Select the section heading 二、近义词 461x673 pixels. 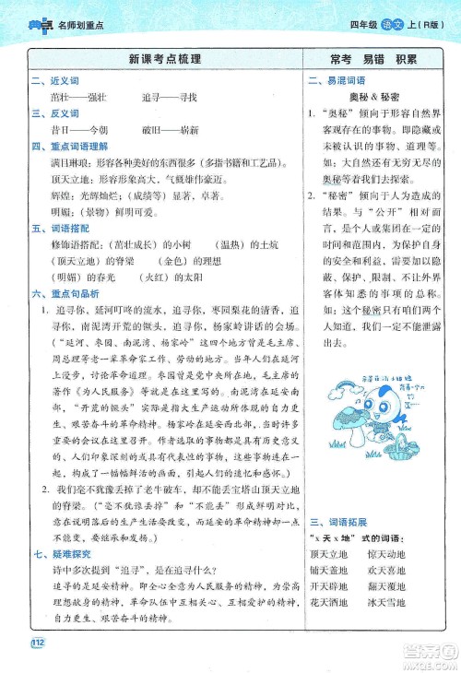(x=49, y=81)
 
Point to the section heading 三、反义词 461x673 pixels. (x=49, y=113)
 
